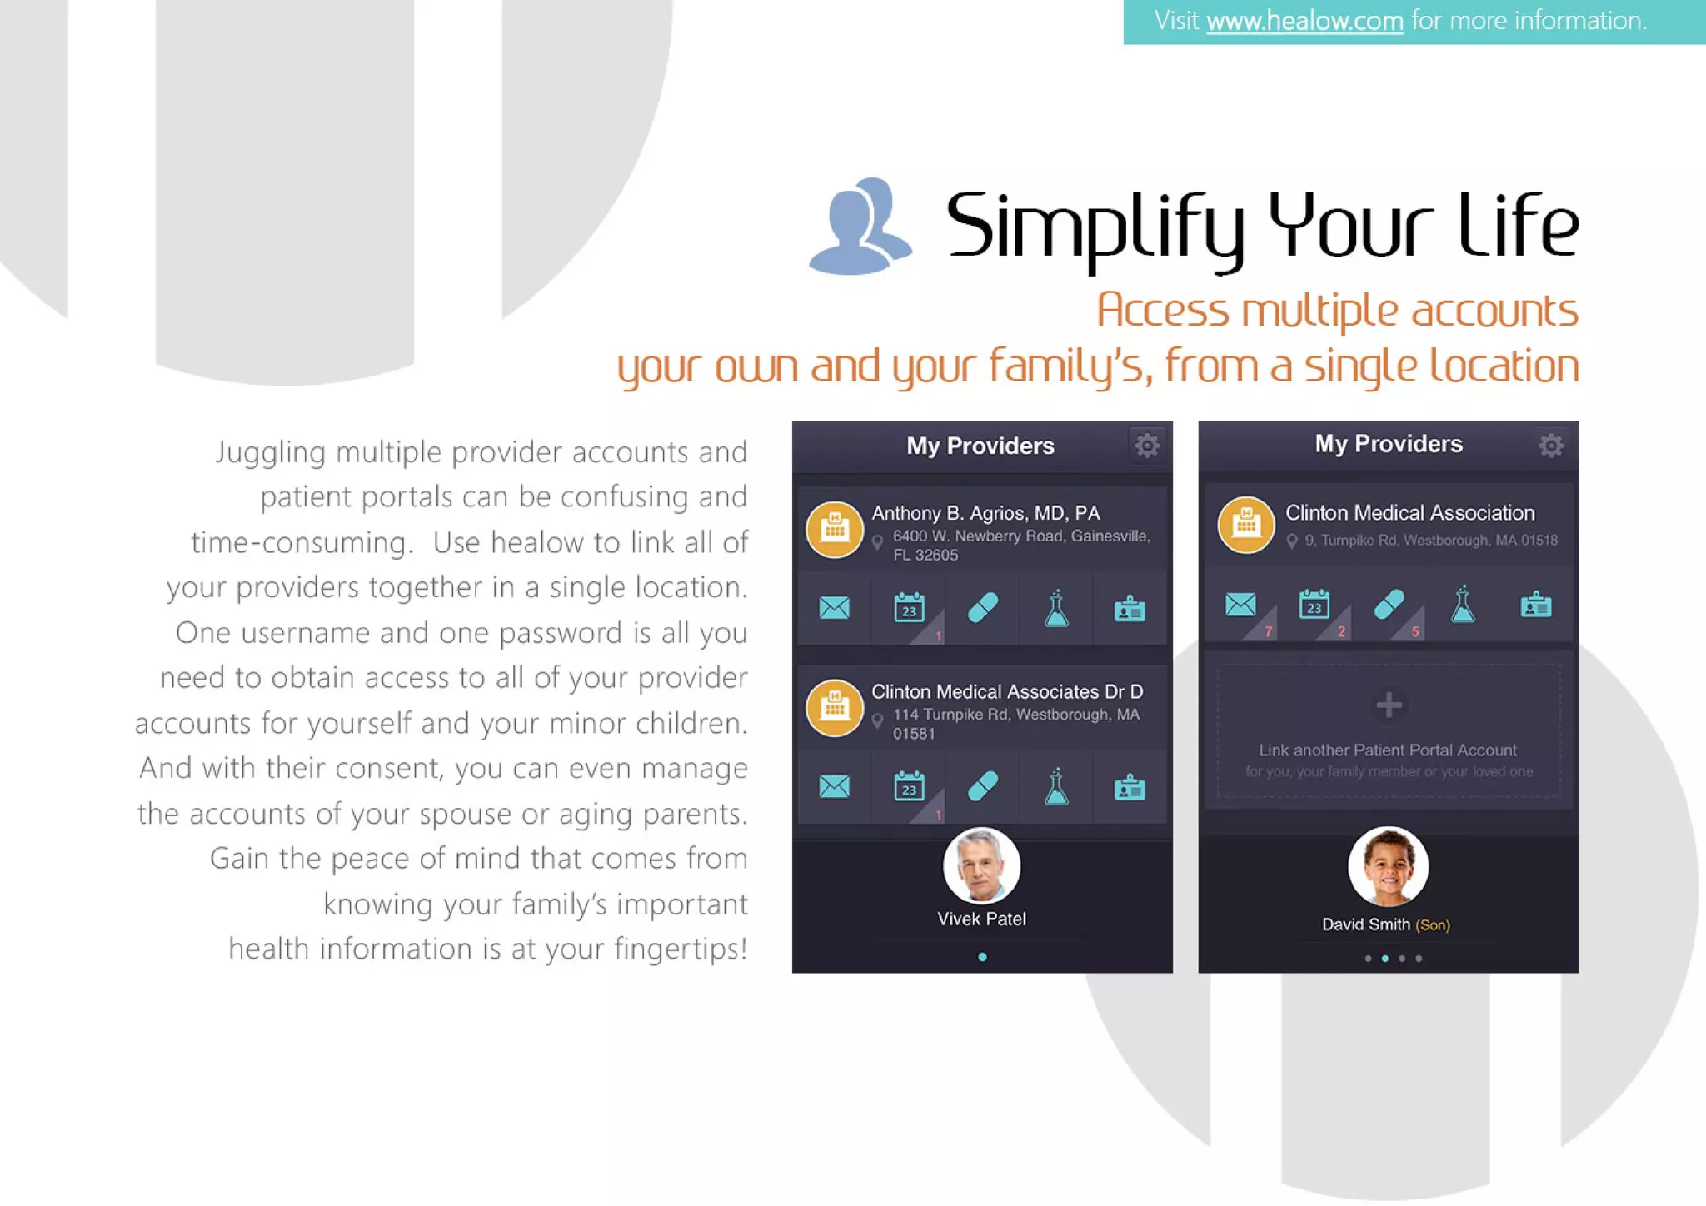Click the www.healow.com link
point(1304,21)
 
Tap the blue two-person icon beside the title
point(860,227)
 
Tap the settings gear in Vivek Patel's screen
point(1147,446)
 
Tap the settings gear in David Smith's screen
point(1550,446)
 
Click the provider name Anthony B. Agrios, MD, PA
point(985,513)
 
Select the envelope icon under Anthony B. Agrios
point(834,608)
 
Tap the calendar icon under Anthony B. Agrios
point(909,608)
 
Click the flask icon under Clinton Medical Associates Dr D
point(1056,786)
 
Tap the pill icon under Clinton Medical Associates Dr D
point(983,786)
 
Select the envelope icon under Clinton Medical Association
point(1240,605)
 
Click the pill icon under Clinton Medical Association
point(1389,605)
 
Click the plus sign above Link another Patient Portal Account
point(1389,705)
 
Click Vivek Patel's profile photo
point(981,866)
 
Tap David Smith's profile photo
point(1388,866)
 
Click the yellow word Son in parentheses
point(1433,925)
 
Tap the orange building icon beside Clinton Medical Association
point(1246,525)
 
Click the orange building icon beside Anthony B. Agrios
point(834,529)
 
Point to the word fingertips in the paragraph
point(679,949)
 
